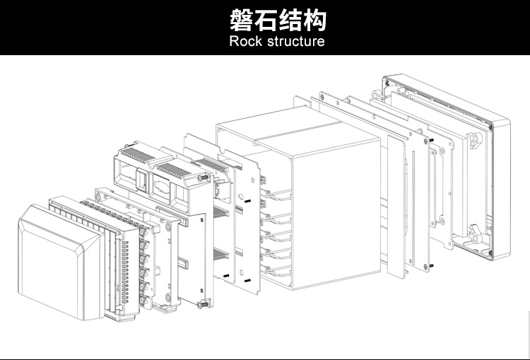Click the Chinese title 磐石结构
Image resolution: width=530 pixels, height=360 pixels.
point(278,20)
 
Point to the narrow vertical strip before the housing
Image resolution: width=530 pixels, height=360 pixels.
point(395,205)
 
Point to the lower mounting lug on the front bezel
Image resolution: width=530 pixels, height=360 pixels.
point(475,229)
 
